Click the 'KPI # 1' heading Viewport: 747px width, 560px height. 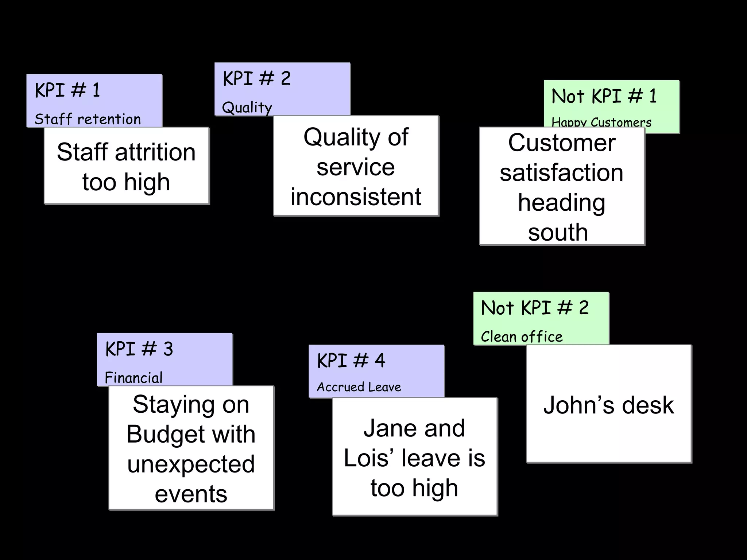point(67,90)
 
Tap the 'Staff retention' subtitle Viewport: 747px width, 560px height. point(88,119)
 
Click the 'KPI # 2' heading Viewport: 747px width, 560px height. point(257,79)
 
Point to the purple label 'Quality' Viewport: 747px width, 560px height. point(247,108)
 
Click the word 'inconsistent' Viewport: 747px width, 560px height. point(356,197)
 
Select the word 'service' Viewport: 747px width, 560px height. point(356,167)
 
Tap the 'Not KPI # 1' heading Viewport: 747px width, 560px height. point(604,96)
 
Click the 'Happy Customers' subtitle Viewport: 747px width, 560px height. point(601,122)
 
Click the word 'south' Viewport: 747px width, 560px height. point(558,232)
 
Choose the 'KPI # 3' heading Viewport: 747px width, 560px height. point(139,349)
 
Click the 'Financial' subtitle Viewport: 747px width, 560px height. point(133,378)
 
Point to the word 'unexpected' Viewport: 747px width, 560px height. point(191,464)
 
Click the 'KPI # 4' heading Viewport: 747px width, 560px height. point(351,361)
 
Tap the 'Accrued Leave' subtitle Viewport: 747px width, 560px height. point(359,387)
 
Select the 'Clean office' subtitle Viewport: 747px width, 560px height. point(522,337)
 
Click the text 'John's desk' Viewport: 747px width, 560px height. point(608,405)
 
